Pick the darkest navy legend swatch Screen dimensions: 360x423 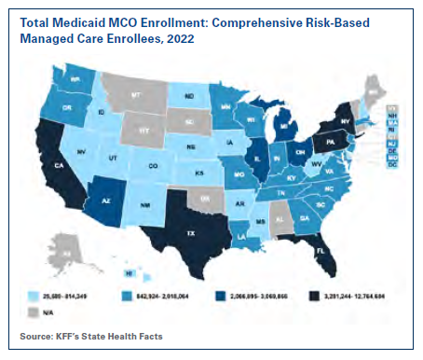(x=296, y=297)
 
